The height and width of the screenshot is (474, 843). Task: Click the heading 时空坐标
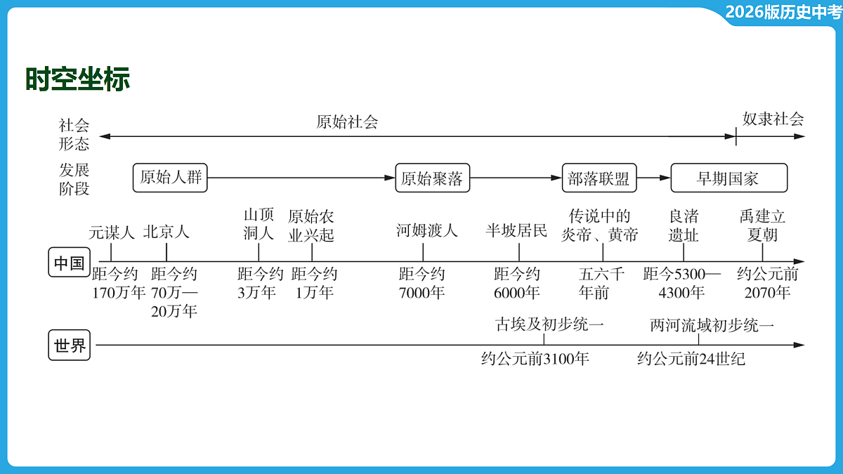(x=77, y=79)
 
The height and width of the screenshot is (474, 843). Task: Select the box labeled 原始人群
(x=170, y=178)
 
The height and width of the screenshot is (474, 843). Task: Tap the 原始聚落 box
(x=433, y=178)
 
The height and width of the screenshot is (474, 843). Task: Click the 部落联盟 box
(x=599, y=178)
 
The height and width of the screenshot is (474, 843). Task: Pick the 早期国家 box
(x=729, y=178)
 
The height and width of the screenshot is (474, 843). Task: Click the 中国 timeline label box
(x=70, y=262)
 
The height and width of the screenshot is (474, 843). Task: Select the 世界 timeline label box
(x=70, y=345)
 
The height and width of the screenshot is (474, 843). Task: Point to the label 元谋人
(x=112, y=232)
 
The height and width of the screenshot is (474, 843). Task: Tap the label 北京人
(x=166, y=232)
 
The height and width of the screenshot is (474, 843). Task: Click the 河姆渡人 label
(x=427, y=230)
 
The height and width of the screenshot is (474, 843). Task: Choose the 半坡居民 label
(x=516, y=230)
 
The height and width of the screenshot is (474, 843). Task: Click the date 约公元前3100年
(x=535, y=359)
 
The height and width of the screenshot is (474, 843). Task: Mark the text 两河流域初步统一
(x=712, y=325)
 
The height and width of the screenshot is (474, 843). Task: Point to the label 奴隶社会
(x=773, y=119)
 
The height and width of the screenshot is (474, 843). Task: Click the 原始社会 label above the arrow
(x=347, y=122)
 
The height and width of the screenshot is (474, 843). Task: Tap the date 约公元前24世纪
(x=691, y=359)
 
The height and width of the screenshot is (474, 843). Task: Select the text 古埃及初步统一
(x=549, y=324)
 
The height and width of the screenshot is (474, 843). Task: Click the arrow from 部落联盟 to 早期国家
(x=654, y=178)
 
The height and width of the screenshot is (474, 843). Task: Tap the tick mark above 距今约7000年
(x=423, y=252)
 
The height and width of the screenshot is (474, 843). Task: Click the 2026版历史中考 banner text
(x=783, y=12)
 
